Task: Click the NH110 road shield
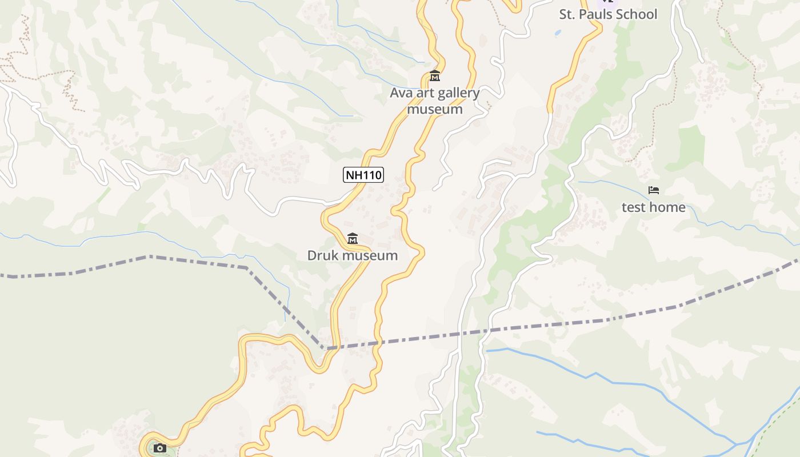click(363, 175)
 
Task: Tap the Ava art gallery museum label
click(435, 101)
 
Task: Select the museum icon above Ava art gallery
click(435, 76)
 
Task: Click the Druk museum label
click(353, 255)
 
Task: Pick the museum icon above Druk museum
click(353, 238)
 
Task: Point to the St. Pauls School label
click(608, 14)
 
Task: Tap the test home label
click(654, 207)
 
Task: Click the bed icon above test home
click(654, 190)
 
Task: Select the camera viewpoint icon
click(160, 448)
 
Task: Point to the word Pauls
click(596, 14)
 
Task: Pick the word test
click(634, 207)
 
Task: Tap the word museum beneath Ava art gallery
click(435, 109)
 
